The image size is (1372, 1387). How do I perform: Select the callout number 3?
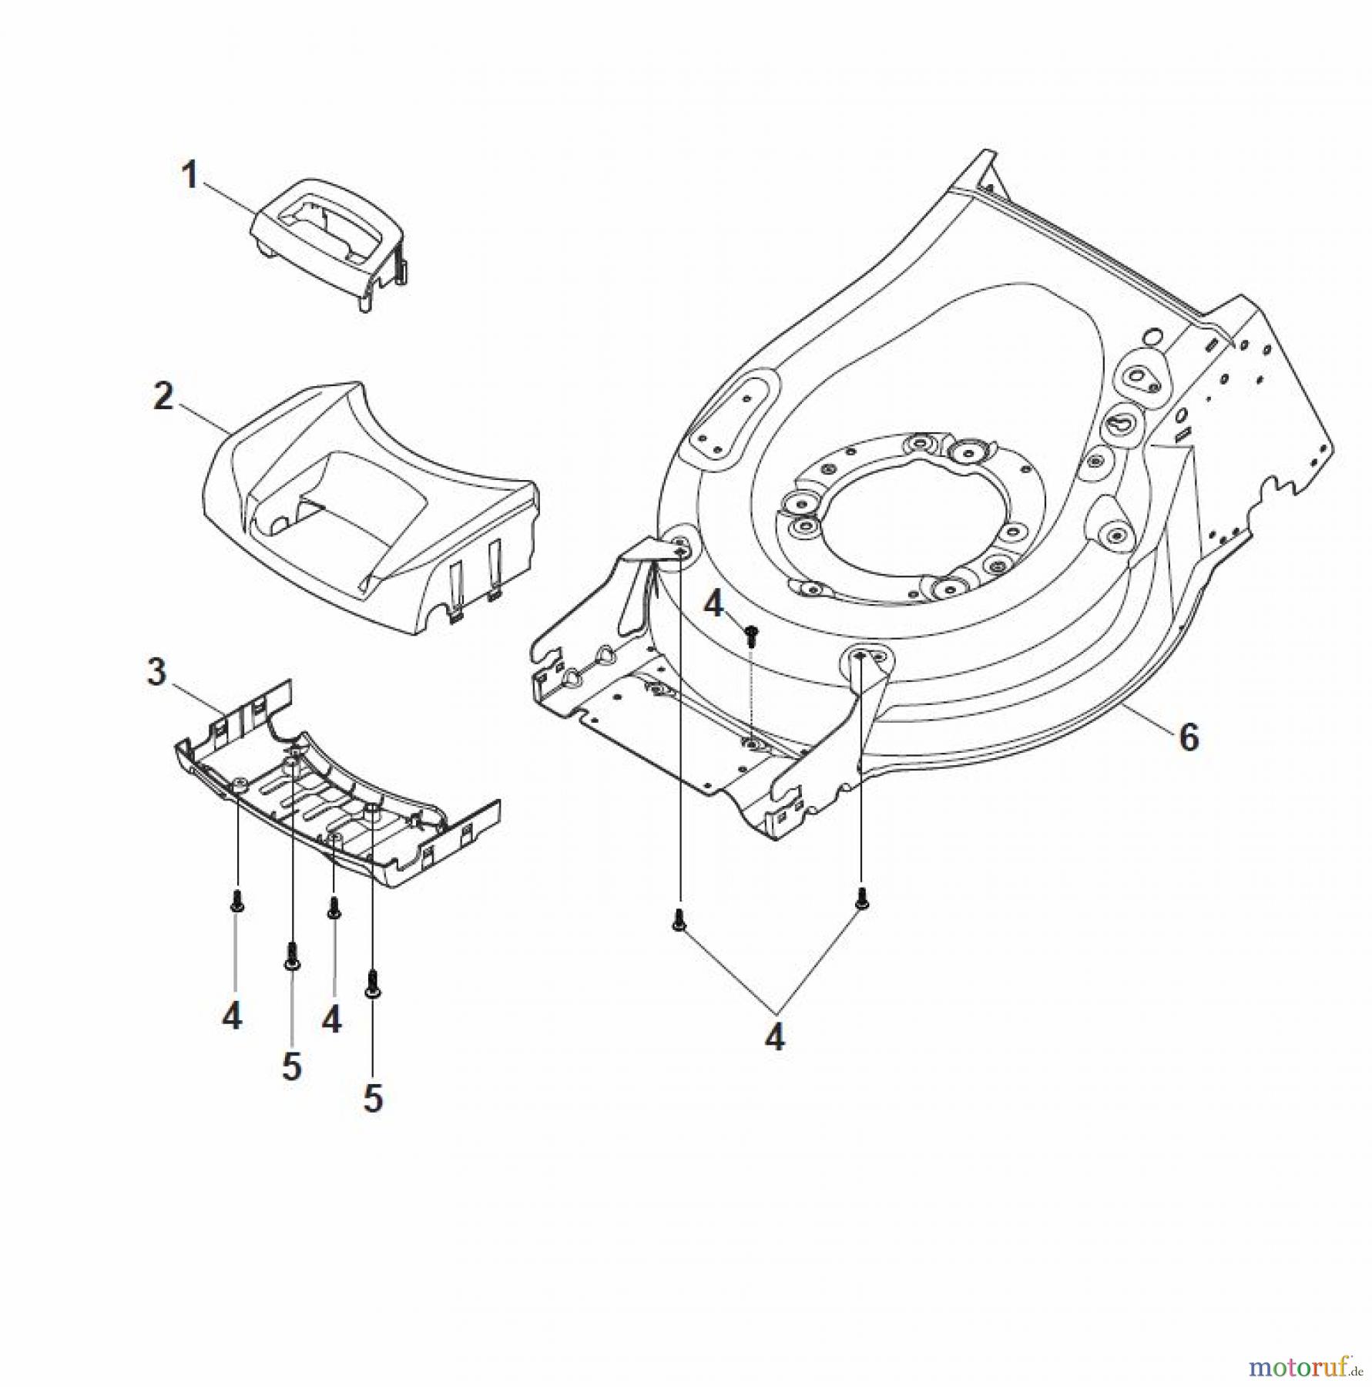coord(156,672)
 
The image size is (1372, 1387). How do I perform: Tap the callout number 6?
coord(1189,739)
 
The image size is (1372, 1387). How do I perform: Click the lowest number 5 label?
coord(373,1098)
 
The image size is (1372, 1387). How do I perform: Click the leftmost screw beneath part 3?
coord(236,902)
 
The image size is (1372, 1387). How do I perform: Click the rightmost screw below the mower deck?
coord(860,897)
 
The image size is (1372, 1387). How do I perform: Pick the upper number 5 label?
coord(291,1067)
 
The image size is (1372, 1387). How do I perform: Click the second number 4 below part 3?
coord(331,1019)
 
